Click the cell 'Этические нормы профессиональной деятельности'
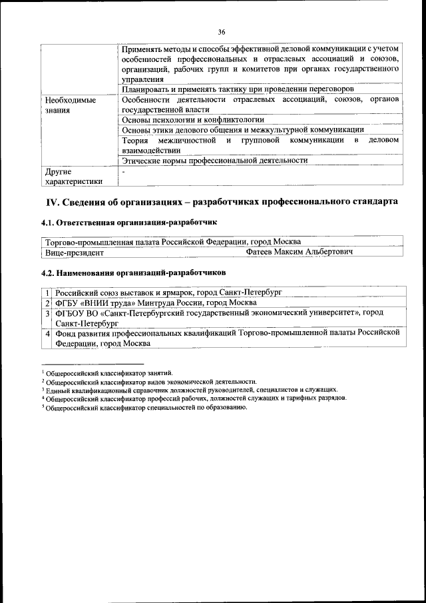click(x=215, y=161)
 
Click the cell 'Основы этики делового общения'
click(x=244, y=130)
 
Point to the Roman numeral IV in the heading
click(x=53, y=202)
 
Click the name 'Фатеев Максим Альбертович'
click(x=299, y=253)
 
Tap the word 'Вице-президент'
click(x=75, y=253)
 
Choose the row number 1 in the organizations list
click(x=48, y=293)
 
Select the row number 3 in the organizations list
click(x=48, y=312)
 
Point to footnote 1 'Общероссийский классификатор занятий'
click(x=106, y=373)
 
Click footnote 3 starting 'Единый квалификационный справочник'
click(x=189, y=390)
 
